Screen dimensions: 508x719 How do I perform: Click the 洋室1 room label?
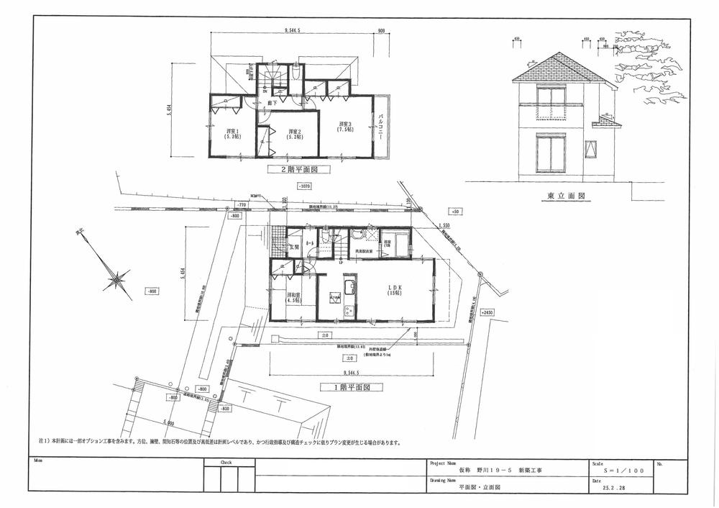(x=232, y=133)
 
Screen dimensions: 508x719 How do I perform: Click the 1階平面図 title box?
(x=349, y=386)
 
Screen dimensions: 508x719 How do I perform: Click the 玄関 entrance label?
(x=293, y=248)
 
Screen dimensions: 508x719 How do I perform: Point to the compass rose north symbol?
(x=116, y=279)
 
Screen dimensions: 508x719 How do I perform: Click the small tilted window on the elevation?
(x=592, y=150)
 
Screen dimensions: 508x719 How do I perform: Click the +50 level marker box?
(x=454, y=211)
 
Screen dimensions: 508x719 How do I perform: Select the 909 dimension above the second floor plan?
(x=381, y=31)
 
